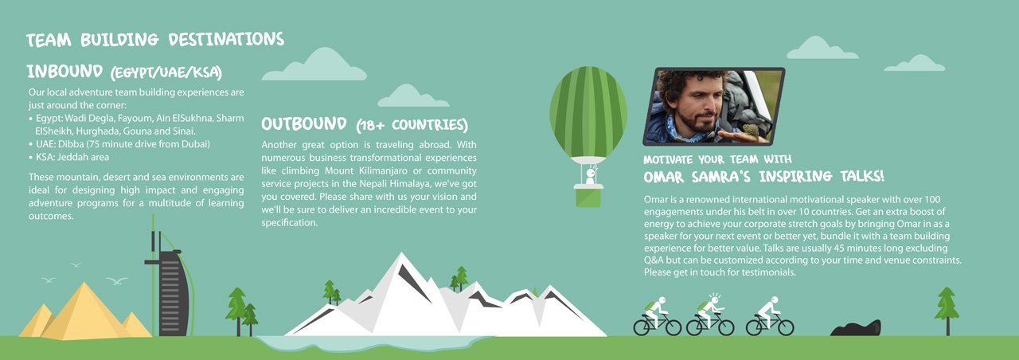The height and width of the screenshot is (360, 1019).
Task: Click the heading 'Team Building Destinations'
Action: [155, 40]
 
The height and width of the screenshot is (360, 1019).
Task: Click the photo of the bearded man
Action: [714, 105]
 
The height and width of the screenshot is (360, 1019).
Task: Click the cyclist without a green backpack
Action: [769, 315]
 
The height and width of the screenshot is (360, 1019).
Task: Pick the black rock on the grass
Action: [856, 327]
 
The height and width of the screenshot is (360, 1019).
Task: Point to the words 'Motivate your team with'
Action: [717, 159]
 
